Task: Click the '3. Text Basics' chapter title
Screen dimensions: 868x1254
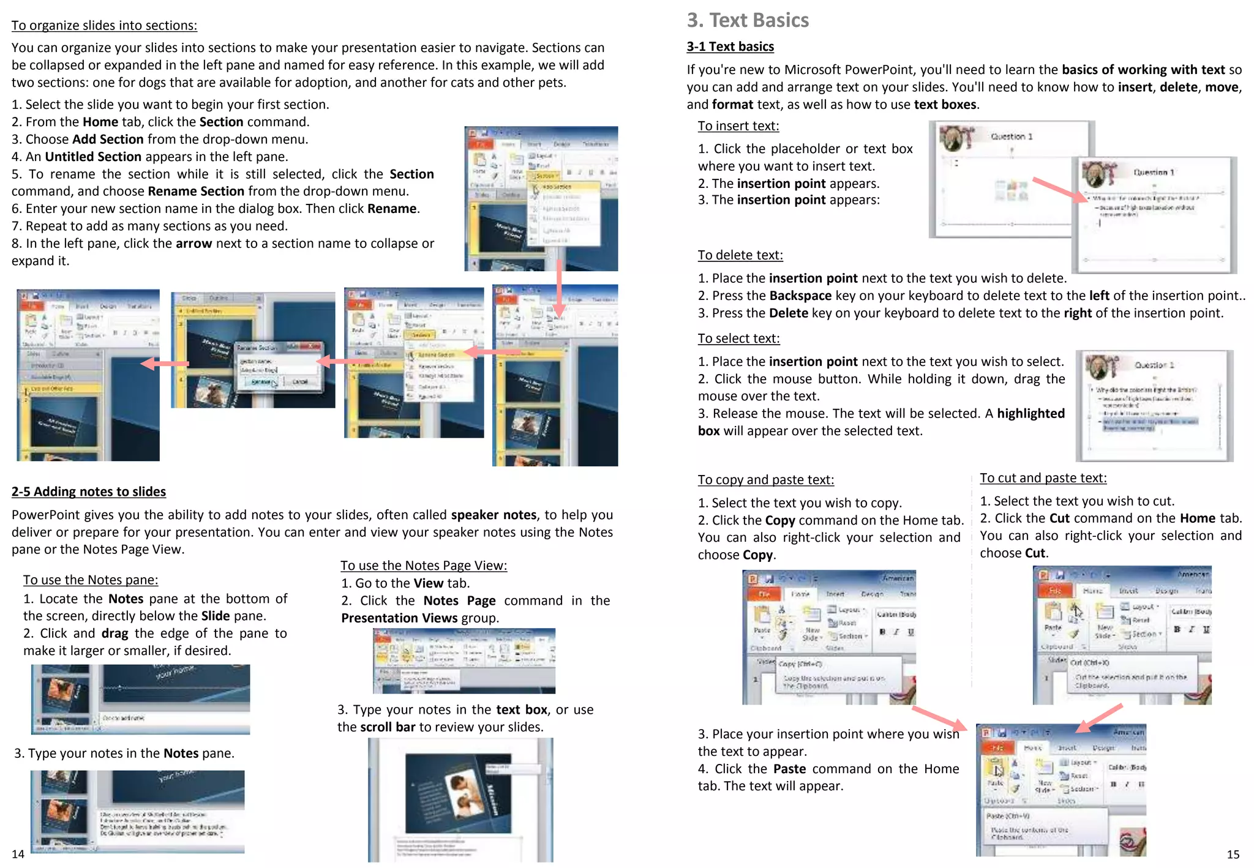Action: (747, 20)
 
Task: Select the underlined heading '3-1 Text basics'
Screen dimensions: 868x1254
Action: (730, 47)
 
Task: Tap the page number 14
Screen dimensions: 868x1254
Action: (18, 854)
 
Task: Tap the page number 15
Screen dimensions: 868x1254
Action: (1233, 854)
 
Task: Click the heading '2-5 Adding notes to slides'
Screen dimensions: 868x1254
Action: (89, 492)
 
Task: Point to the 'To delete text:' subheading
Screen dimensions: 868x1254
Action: (740, 255)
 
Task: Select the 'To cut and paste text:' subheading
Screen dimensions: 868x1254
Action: (1043, 478)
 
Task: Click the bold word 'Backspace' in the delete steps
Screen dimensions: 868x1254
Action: (800, 296)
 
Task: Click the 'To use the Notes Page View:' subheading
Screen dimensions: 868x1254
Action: (424, 566)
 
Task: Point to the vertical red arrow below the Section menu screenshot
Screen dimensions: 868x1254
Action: (559, 288)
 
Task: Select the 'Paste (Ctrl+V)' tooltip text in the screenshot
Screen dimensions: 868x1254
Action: (1008, 815)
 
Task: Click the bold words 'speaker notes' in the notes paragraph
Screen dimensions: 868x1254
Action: (494, 515)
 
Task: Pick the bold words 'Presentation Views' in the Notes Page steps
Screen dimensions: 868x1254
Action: (399, 618)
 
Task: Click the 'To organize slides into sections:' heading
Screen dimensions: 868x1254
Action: (104, 26)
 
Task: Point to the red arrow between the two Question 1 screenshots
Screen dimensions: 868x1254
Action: (1059, 190)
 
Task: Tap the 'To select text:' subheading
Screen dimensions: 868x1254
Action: (738, 339)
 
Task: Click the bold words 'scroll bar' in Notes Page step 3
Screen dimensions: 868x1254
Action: (387, 727)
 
